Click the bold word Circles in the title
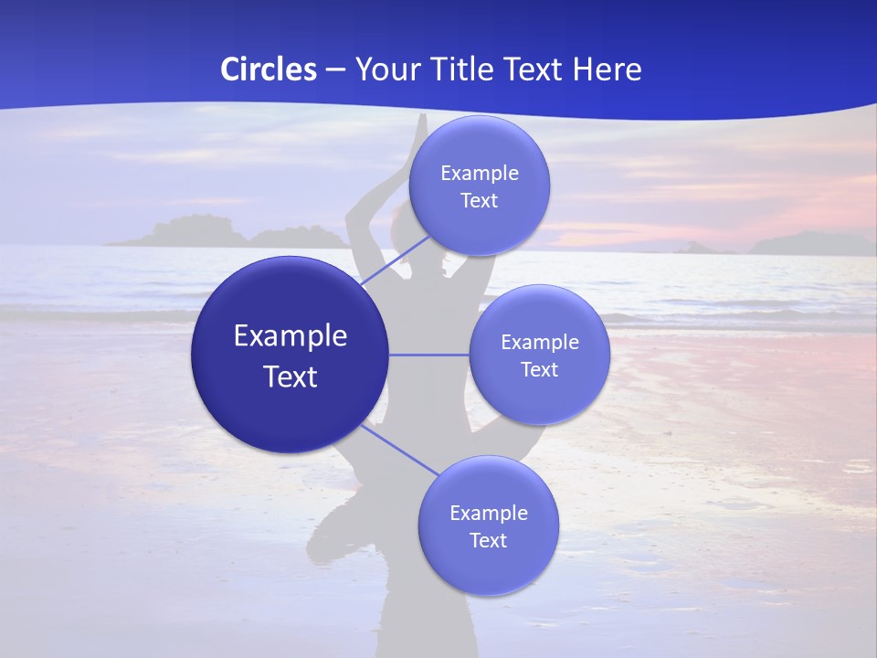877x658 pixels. (x=269, y=69)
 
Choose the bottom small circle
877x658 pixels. (x=488, y=567)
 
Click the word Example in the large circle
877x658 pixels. (x=291, y=336)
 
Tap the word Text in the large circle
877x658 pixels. (x=291, y=377)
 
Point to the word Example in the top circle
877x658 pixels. (x=480, y=174)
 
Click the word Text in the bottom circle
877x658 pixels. (x=488, y=540)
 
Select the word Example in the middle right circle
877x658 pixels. (x=540, y=343)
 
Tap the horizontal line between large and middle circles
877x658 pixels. (x=429, y=355)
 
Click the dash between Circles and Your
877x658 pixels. (x=335, y=69)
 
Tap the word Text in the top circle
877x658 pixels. (x=480, y=200)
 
